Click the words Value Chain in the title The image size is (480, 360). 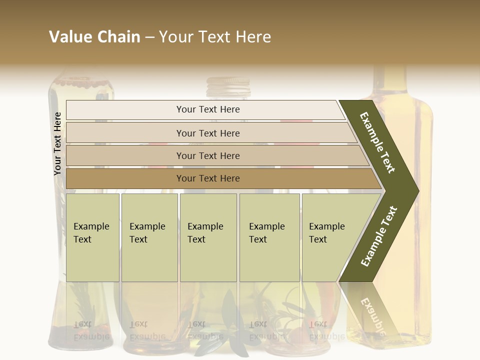point(94,37)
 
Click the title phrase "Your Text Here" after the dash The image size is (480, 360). point(215,37)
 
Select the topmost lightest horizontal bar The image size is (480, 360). point(208,109)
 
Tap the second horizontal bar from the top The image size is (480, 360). point(208,133)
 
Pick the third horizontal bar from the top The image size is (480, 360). point(208,155)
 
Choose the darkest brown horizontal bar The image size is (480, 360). point(208,178)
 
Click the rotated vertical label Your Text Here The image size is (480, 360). point(58,143)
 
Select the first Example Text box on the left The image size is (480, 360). point(92,237)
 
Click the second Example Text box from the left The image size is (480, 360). point(149,237)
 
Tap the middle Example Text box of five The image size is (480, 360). point(208,237)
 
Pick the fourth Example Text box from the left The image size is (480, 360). point(269,237)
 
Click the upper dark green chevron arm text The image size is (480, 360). point(377,142)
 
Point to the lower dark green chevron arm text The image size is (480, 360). point(378,236)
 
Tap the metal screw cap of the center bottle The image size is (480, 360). point(228,87)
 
